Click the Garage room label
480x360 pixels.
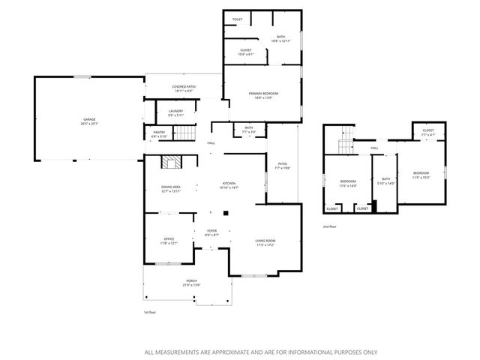(89, 121)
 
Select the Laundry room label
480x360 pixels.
(175, 113)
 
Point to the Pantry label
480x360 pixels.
(159, 134)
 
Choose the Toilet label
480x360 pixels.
(237, 19)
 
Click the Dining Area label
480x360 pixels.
(171, 188)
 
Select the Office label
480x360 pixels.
(168, 241)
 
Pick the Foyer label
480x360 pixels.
(211, 233)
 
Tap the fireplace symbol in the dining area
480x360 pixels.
(172, 163)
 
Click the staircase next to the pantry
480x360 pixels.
(184, 134)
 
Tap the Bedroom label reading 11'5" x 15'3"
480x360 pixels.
(421, 174)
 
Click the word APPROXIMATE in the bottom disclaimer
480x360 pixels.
(228, 352)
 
